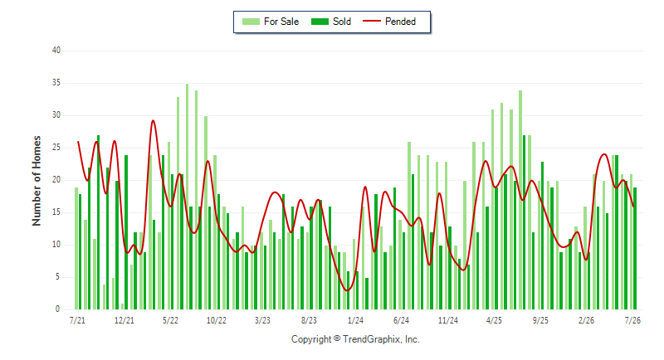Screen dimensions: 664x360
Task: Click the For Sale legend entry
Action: (271, 22)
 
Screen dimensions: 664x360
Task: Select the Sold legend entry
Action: (331, 22)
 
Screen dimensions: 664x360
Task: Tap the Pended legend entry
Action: (389, 22)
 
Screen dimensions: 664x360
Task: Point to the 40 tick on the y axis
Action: (56, 51)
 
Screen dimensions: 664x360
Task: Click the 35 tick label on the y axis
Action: (56, 83)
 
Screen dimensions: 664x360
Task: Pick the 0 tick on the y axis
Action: (57, 309)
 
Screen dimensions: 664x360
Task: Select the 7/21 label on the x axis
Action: (77, 321)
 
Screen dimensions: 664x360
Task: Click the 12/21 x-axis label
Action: (124, 321)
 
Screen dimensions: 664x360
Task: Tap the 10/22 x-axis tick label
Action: (217, 321)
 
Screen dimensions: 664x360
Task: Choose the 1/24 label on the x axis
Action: (355, 321)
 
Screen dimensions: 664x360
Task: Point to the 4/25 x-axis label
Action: (494, 321)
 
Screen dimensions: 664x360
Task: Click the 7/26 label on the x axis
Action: (632, 321)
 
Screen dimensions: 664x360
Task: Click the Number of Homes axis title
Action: (37, 181)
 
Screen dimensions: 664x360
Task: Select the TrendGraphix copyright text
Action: (355, 339)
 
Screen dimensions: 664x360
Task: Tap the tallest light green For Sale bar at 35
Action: (188, 197)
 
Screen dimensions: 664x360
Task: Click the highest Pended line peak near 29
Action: (153, 121)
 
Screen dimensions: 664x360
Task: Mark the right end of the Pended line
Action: (633, 207)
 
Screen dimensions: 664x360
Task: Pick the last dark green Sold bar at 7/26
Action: (635, 248)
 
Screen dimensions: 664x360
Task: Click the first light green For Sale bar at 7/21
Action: (76, 248)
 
